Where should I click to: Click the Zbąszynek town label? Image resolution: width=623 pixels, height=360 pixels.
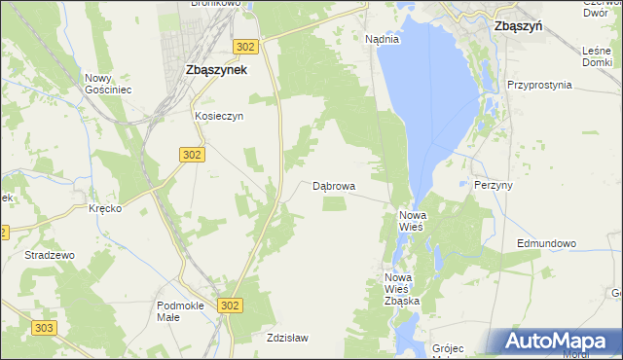[x=215, y=70]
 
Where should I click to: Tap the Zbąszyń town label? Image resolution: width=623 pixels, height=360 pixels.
[x=518, y=27]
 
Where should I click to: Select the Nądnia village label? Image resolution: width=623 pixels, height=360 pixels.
[x=382, y=39]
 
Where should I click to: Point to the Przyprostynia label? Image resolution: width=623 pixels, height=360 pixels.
[x=539, y=85]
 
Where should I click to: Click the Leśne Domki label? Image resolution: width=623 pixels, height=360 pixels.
[x=597, y=55]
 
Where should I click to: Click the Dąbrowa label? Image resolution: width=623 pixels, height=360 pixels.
[x=334, y=185]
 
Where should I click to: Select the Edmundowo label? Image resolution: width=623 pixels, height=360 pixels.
[x=547, y=243]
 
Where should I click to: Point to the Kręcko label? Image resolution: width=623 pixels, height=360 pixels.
[x=104, y=209]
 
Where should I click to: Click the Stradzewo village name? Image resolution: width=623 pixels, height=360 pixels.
[x=50, y=255]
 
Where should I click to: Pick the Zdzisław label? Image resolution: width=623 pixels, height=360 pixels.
[x=287, y=338]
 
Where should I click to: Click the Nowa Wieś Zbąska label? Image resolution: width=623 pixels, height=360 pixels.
[x=402, y=289]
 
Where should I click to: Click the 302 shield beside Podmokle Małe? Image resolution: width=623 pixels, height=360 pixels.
[x=230, y=306]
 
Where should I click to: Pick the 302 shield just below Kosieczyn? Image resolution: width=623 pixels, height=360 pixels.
[x=192, y=154]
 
